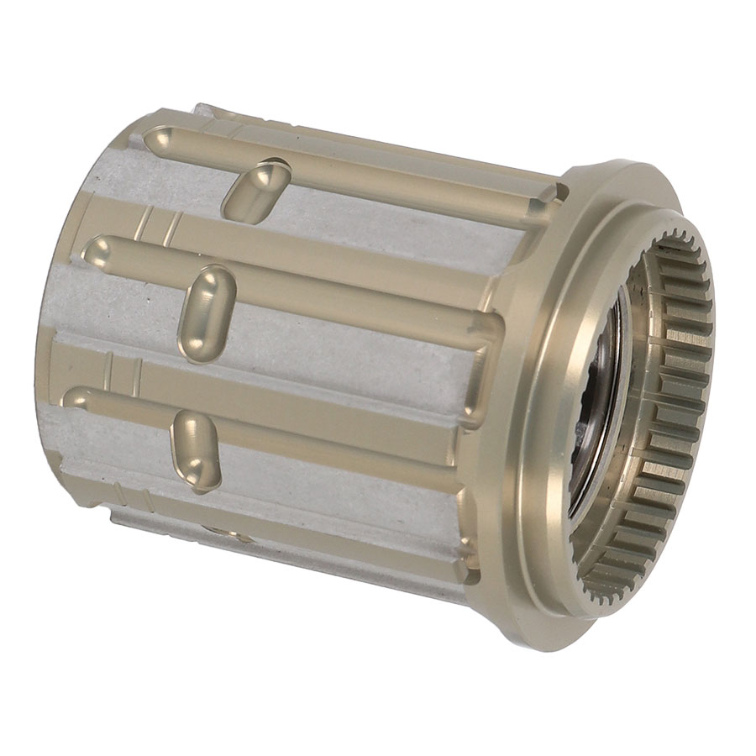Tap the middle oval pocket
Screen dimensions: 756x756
208,312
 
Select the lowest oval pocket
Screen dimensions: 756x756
195,449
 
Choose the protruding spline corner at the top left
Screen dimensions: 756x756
202,109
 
